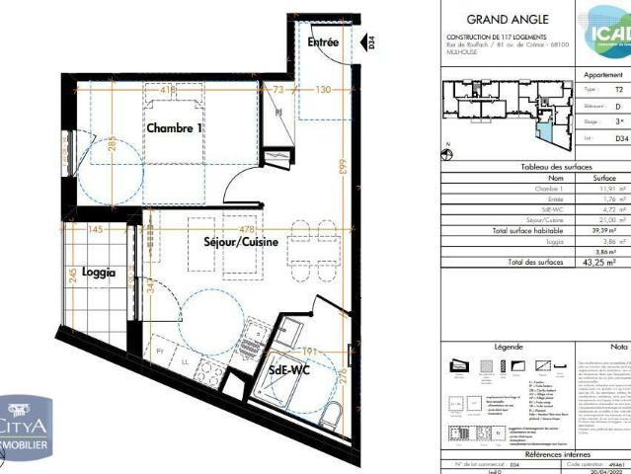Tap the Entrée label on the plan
click(323, 43)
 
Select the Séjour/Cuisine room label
click(240, 242)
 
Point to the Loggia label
click(99, 272)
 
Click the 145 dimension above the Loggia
click(95, 230)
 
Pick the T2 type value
click(619, 88)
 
